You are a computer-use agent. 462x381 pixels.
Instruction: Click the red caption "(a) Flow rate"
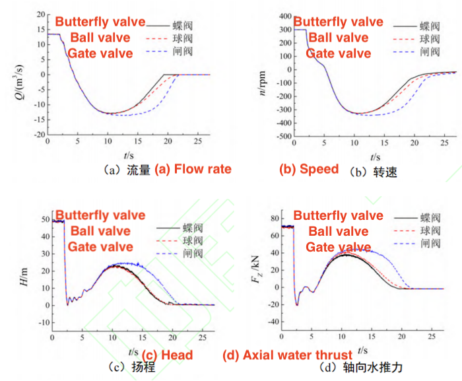tap(193, 169)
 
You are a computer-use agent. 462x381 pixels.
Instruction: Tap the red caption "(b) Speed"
tap(309, 169)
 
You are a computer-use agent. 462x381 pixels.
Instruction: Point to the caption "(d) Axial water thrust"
tap(288, 355)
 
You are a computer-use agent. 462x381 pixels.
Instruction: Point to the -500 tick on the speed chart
tap(280, 136)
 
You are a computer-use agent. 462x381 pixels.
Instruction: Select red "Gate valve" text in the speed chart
tap(339, 53)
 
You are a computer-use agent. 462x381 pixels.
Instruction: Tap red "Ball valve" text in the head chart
tap(100, 231)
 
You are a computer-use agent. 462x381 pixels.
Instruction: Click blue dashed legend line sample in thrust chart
tap(407, 243)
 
